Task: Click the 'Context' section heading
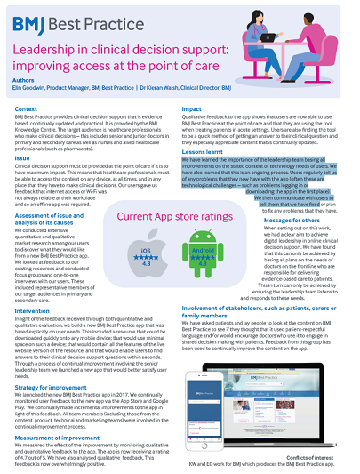click(27, 108)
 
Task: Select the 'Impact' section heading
click(194, 108)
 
